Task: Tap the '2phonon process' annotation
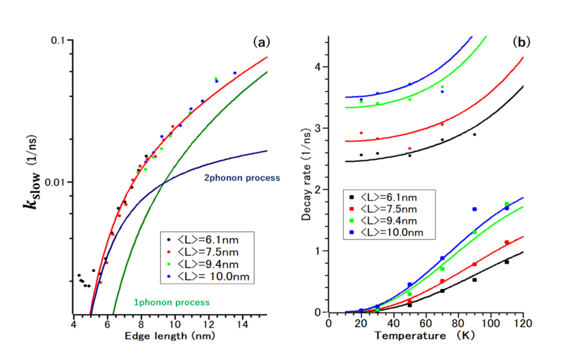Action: (241, 177)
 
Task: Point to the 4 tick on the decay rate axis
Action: (321, 67)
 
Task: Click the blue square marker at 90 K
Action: (474, 209)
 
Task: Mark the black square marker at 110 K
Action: (506, 262)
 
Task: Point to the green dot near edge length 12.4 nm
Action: (216, 79)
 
